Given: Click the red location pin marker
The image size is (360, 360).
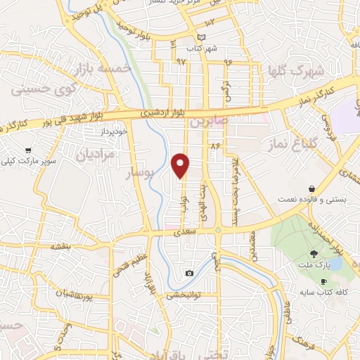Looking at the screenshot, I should (181, 165).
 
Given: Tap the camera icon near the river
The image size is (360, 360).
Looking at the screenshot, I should (189, 273).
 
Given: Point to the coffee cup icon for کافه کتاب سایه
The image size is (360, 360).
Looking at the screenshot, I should (323, 281).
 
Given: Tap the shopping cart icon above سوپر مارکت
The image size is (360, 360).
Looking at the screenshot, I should (27, 150).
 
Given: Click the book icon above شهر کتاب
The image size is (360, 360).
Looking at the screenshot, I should (203, 37).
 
